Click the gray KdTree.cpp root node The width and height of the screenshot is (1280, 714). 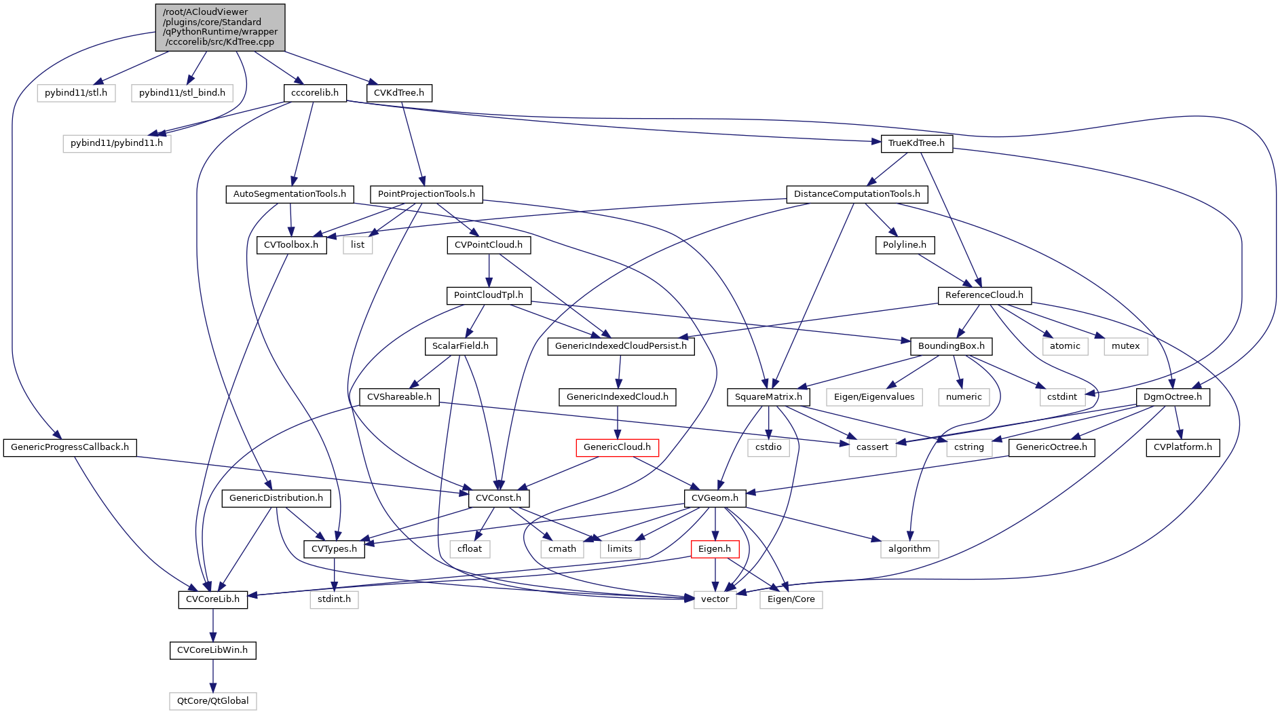pos(220,27)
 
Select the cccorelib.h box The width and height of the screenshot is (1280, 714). pos(315,92)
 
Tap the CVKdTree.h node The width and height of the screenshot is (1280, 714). pos(400,92)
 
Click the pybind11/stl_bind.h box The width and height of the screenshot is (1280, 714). pos(182,92)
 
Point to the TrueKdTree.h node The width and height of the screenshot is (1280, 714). pos(916,143)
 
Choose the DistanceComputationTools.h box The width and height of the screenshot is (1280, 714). pos(857,194)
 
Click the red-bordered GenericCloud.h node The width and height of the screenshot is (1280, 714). pos(617,447)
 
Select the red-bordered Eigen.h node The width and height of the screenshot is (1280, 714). pos(715,549)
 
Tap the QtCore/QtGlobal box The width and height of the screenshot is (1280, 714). pos(213,701)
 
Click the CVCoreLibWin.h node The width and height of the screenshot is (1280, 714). pos(212,650)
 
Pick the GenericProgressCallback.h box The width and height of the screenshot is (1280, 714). pos(70,447)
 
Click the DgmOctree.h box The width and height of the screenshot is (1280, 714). pos(1172,397)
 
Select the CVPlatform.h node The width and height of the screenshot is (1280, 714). pos(1182,447)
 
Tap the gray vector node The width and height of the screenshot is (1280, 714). pos(715,599)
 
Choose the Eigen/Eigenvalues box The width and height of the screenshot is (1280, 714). pos(874,397)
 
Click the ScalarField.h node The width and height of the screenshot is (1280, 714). pos(460,346)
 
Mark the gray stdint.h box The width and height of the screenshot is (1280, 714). pos(334,599)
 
